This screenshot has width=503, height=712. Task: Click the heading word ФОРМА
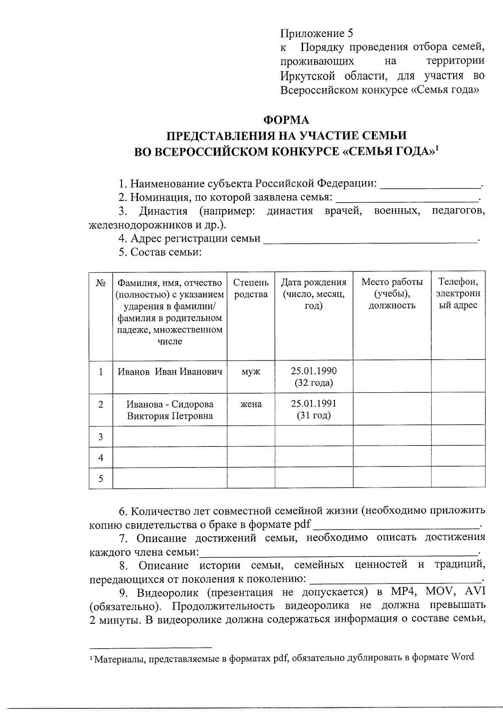[286, 120]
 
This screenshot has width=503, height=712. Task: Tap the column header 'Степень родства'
[251, 288]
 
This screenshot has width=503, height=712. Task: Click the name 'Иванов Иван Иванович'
[170, 372]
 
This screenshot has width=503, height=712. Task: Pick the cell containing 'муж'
[251, 372]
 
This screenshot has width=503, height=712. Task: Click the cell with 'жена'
[251, 404]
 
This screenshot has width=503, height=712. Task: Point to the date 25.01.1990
[314, 371]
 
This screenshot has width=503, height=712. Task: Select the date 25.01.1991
[314, 404]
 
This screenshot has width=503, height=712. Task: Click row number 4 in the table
[101, 458]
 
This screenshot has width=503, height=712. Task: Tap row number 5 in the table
[101, 479]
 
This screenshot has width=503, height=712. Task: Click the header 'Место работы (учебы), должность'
[392, 293]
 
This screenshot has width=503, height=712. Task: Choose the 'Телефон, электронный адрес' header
[458, 293]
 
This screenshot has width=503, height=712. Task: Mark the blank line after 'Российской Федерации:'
[430, 185]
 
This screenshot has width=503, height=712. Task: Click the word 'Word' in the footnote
[462, 657]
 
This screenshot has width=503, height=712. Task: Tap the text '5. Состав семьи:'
[161, 252]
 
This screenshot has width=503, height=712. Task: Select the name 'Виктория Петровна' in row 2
[170, 416]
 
